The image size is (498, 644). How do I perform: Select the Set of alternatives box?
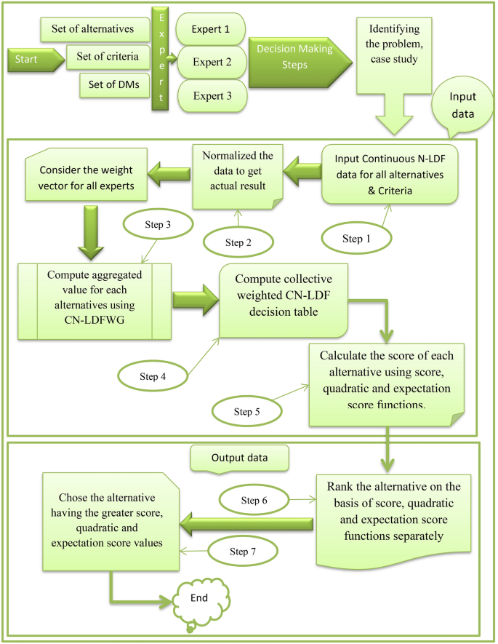point(92,30)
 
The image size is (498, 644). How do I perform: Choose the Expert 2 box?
point(211,61)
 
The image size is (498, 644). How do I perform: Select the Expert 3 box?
point(211,95)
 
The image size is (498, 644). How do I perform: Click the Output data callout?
point(239,459)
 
